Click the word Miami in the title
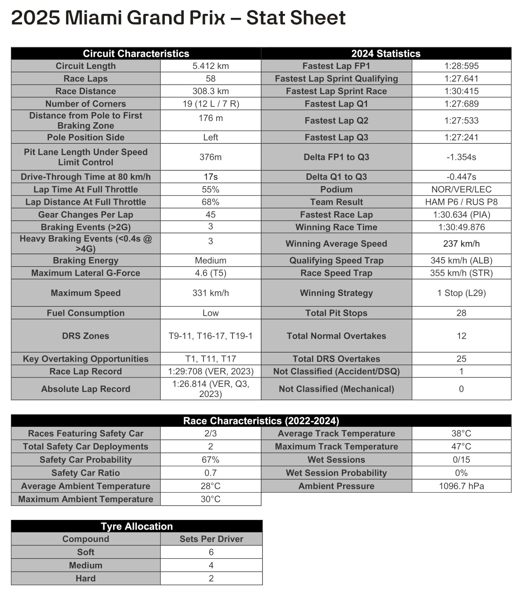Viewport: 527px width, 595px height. (x=93, y=18)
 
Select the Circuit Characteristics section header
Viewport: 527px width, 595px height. (x=136, y=54)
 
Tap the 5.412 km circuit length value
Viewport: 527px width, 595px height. (x=211, y=66)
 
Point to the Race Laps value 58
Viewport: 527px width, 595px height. (x=211, y=79)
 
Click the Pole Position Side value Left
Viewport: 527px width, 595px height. (x=211, y=137)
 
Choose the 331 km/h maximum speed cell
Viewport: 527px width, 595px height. (x=211, y=293)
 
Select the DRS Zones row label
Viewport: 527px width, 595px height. (x=85, y=336)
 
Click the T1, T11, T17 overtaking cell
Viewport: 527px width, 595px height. (x=211, y=359)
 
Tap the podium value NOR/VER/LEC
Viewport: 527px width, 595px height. (x=461, y=189)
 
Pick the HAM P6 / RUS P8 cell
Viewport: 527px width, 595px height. (x=461, y=202)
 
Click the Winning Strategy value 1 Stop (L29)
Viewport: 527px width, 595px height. (x=461, y=293)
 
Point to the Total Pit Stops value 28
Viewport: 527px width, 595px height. (x=461, y=313)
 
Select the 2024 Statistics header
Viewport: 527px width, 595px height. (x=386, y=54)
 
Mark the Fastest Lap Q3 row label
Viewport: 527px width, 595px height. (x=336, y=137)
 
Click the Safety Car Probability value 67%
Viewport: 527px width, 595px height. (x=211, y=460)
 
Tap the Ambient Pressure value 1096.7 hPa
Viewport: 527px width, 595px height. (x=461, y=486)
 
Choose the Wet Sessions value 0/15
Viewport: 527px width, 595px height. (x=461, y=460)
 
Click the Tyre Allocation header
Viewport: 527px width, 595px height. (x=137, y=526)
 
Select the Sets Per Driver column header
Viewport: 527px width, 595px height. (x=211, y=539)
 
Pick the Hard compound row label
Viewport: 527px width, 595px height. (x=85, y=578)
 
